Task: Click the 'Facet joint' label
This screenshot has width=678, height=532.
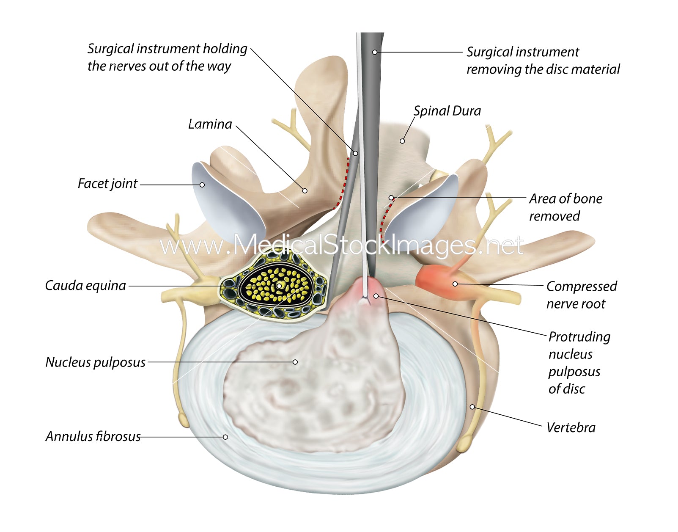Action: coord(107,184)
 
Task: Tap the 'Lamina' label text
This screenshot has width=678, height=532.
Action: coord(210,124)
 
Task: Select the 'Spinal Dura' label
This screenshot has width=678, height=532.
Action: coord(447,111)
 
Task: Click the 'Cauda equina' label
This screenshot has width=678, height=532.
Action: coord(85,286)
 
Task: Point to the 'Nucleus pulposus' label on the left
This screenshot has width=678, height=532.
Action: coord(95,362)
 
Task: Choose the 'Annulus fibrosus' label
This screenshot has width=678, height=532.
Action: coord(93,436)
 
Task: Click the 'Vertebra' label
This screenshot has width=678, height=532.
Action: coord(571,427)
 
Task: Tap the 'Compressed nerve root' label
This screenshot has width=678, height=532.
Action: coord(581,295)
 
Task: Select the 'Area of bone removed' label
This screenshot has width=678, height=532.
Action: coord(565,207)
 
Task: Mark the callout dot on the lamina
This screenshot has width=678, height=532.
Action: coord(305,191)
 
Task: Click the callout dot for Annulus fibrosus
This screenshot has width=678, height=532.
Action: coord(225,437)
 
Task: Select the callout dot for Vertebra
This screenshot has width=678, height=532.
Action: coord(472,407)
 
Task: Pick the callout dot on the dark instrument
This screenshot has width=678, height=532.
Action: coord(374,52)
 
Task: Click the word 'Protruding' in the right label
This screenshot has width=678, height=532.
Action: coord(579,337)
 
